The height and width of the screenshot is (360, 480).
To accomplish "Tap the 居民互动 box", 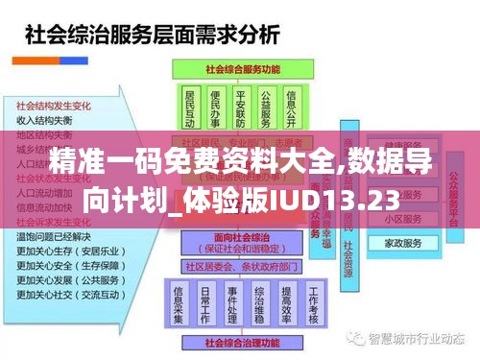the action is click(189, 108).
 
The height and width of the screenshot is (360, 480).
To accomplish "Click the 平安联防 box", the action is click(241, 108).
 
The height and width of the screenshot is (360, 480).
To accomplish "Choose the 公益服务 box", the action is click(266, 108).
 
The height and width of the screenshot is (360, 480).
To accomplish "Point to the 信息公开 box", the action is click(292, 108).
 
